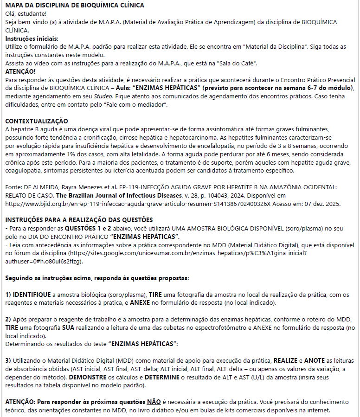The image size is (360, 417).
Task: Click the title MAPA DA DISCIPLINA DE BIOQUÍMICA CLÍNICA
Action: point(74,5)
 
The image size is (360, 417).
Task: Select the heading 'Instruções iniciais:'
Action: point(32,38)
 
